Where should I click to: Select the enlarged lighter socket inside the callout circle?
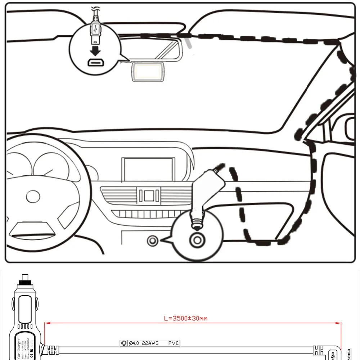click(x=197, y=239)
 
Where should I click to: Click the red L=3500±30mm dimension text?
click(x=185, y=318)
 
